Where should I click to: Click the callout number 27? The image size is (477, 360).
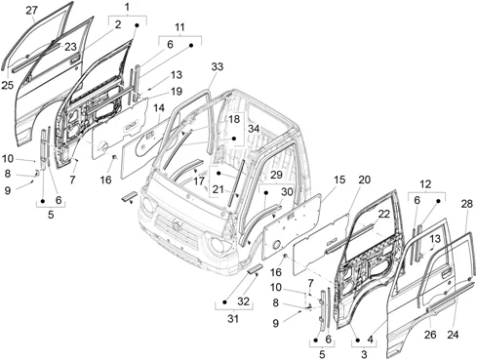(x=31, y=11)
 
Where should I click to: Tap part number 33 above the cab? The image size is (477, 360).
(x=218, y=66)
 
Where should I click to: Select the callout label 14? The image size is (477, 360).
(x=159, y=108)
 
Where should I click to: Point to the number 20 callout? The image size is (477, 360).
(x=365, y=180)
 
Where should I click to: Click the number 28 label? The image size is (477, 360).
(x=466, y=204)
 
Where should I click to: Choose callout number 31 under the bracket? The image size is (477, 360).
(x=233, y=319)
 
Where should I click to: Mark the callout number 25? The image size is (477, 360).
(x=8, y=85)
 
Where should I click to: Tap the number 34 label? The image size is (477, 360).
(x=254, y=129)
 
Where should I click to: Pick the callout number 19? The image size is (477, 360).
(x=177, y=91)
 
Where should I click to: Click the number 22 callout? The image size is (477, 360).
(x=384, y=214)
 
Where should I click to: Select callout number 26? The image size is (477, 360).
(x=430, y=335)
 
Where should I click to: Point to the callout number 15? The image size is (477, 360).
(x=339, y=180)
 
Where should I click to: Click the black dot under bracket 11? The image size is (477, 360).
(x=191, y=46)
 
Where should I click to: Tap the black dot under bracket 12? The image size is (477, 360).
(x=438, y=201)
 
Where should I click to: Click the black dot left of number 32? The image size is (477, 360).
(x=224, y=302)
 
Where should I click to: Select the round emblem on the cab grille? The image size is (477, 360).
(x=178, y=225)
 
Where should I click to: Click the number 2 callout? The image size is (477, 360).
(x=118, y=24)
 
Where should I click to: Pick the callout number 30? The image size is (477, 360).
(x=287, y=192)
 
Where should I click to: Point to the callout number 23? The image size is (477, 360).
(x=70, y=47)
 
